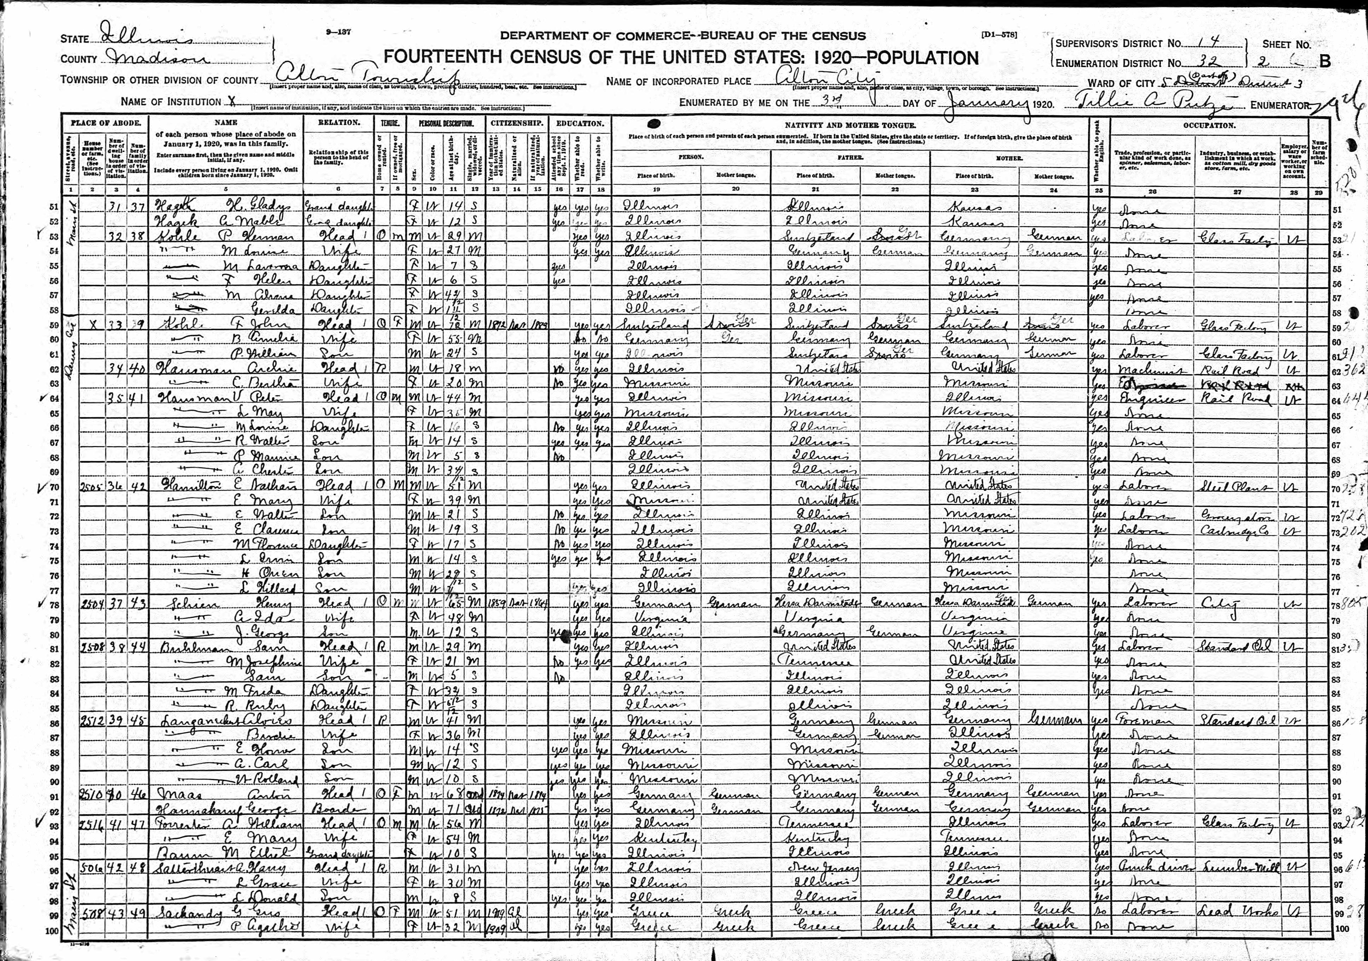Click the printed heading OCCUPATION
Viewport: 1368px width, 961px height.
point(1209,126)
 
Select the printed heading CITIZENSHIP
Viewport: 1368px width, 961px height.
point(516,123)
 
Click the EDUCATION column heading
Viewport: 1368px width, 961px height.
point(580,123)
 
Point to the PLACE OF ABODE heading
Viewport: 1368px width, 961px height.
point(106,123)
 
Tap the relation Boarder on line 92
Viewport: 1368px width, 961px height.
point(337,810)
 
